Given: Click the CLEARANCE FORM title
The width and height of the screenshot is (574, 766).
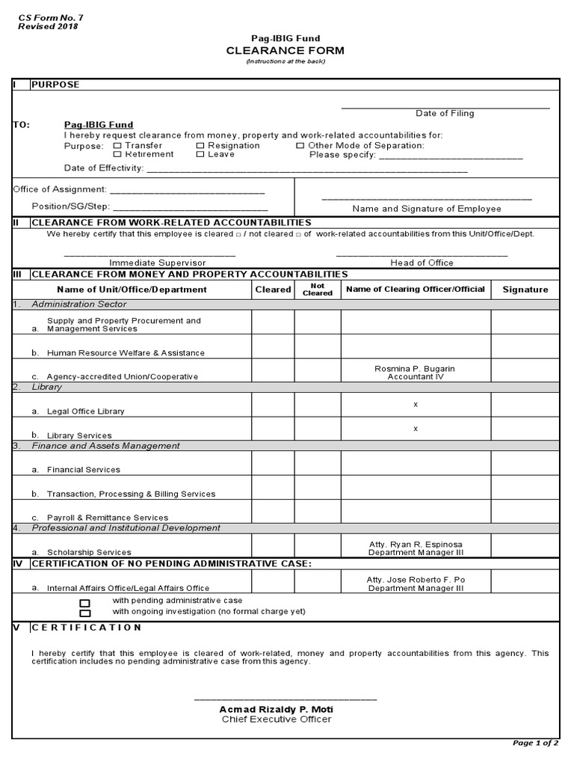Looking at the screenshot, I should (x=286, y=50).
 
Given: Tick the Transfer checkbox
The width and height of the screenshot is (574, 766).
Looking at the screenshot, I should (x=117, y=146).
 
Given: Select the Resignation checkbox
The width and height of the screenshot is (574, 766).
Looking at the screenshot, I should (x=200, y=146).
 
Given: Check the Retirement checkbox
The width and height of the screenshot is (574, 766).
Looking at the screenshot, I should (x=117, y=154).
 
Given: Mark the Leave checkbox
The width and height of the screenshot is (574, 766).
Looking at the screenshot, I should (x=200, y=154).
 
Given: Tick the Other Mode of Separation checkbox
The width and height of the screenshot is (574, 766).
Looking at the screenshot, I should (x=300, y=146).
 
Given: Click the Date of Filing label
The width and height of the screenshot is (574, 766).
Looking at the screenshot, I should (x=445, y=114).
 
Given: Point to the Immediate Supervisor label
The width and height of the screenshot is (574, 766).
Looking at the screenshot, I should (x=157, y=263).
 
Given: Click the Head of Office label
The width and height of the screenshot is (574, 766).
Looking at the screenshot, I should (x=422, y=263).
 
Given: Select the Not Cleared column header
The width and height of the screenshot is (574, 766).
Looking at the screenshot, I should (x=317, y=289).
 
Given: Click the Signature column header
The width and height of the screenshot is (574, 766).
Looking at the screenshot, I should (x=525, y=289).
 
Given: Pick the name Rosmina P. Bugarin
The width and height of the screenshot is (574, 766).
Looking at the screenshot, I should (x=416, y=369).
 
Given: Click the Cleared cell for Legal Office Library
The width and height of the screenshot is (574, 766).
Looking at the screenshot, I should (x=273, y=405).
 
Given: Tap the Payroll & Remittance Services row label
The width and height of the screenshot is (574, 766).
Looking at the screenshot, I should (x=107, y=518).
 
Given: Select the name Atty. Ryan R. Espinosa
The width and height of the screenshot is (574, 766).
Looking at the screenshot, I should (x=416, y=544).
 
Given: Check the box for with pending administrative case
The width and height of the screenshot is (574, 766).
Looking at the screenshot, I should (x=84, y=602).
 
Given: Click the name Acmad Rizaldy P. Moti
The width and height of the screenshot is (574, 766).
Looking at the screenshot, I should (x=276, y=709).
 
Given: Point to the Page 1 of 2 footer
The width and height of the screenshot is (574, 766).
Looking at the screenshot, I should (x=534, y=743).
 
